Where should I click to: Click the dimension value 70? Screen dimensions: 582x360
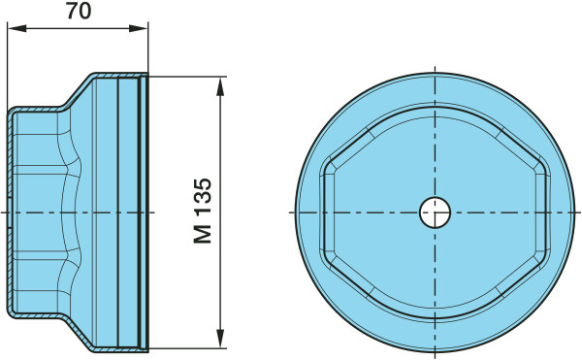[79, 11]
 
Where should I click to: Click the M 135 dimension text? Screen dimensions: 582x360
[203, 211]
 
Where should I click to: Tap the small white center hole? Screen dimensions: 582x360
[435, 213]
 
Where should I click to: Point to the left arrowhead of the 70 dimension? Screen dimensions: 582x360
[17, 28]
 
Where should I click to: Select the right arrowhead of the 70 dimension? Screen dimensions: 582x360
[138, 28]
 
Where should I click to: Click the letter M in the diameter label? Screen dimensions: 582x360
[203, 234]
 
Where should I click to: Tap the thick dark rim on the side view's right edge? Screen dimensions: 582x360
[147, 213]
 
